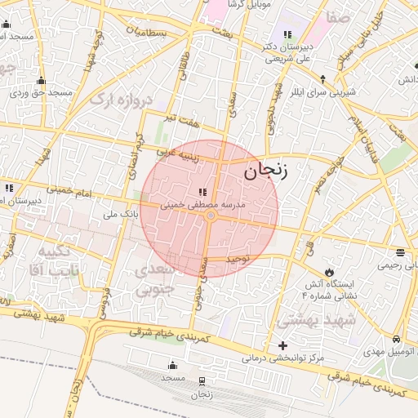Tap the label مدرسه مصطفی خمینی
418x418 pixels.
[x=203, y=203]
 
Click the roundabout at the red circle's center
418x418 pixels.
[x=210, y=216]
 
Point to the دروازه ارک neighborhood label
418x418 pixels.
[x=122, y=100]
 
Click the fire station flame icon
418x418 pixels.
[x=328, y=271]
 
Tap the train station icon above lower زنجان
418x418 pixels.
[x=202, y=380]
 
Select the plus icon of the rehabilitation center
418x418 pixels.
[x=283, y=345]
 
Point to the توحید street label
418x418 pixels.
[x=248, y=260]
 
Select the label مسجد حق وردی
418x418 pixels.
[x=42, y=93]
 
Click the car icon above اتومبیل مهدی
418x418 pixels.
[x=396, y=339]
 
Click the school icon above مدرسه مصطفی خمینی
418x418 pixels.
[x=202, y=192]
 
